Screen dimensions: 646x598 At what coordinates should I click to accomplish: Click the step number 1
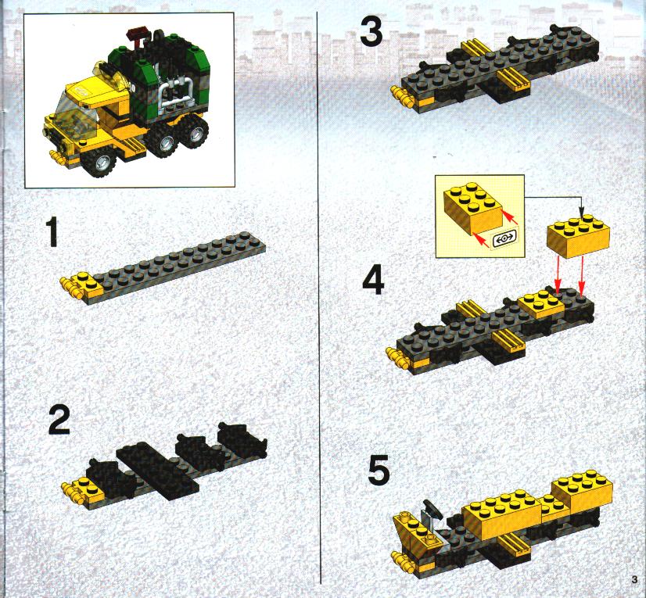pyautogui.click(x=52, y=233)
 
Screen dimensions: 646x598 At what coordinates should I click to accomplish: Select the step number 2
pyautogui.click(x=59, y=419)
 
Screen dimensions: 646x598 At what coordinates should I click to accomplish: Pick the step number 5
pyautogui.click(x=379, y=471)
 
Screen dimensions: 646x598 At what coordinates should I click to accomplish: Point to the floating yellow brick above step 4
pyautogui.click(x=578, y=238)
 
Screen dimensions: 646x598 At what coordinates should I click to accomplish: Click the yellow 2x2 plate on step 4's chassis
pyautogui.click(x=541, y=303)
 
